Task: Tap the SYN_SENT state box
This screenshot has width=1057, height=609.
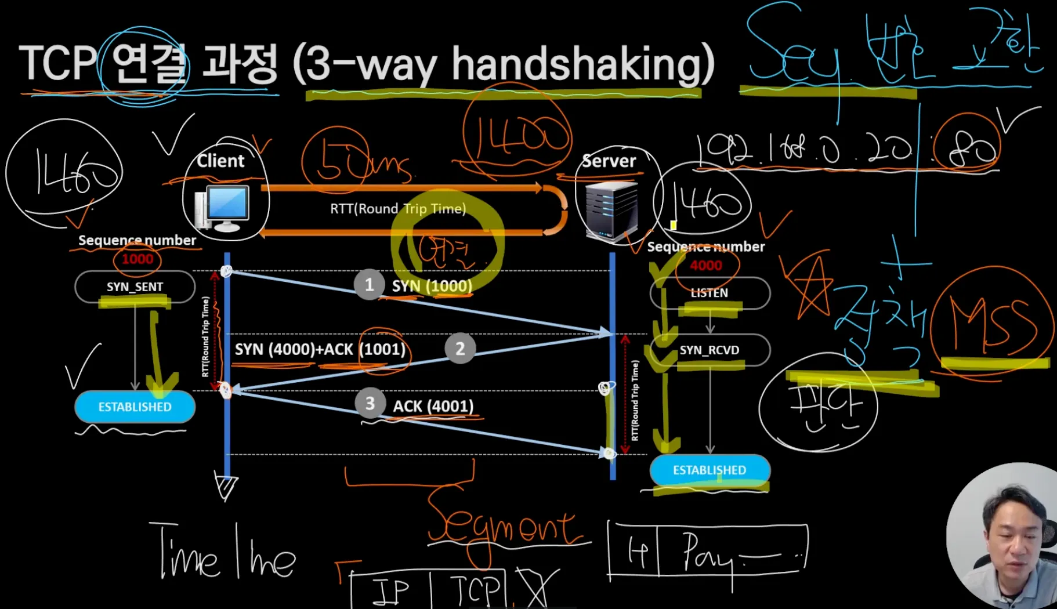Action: pyautogui.click(x=135, y=287)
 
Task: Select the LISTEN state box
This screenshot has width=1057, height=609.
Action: pyautogui.click(x=710, y=293)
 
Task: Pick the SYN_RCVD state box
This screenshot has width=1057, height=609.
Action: pyautogui.click(x=710, y=350)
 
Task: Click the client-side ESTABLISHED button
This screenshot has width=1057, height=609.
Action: pyautogui.click(x=135, y=407)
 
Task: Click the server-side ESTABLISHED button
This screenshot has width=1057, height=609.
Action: pyautogui.click(x=710, y=470)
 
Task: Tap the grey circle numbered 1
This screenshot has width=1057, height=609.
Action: pyautogui.click(x=369, y=285)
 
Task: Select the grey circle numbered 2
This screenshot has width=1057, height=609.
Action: pyautogui.click(x=460, y=349)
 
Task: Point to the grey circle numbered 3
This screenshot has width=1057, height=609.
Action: pyautogui.click(x=370, y=404)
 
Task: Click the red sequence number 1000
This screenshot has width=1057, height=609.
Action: pyautogui.click(x=137, y=259)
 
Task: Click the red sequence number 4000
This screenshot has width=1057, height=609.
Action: pyautogui.click(x=706, y=266)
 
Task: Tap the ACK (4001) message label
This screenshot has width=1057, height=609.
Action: pyautogui.click(x=433, y=406)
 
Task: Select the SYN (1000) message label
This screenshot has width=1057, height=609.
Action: pyautogui.click(x=432, y=286)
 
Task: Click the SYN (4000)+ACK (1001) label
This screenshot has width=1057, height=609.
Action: pyautogui.click(x=320, y=349)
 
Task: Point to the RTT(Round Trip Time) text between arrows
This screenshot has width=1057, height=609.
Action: pyautogui.click(x=398, y=209)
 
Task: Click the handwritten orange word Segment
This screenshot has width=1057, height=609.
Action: pyautogui.click(x=502, y=525)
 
